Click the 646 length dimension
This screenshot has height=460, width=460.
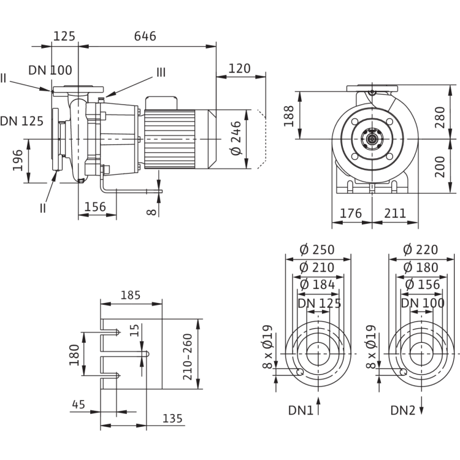click(x=146, y=36)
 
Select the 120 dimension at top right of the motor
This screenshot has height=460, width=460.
click(x=240, y=68)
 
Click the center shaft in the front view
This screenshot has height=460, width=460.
click(x=371, y=140)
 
